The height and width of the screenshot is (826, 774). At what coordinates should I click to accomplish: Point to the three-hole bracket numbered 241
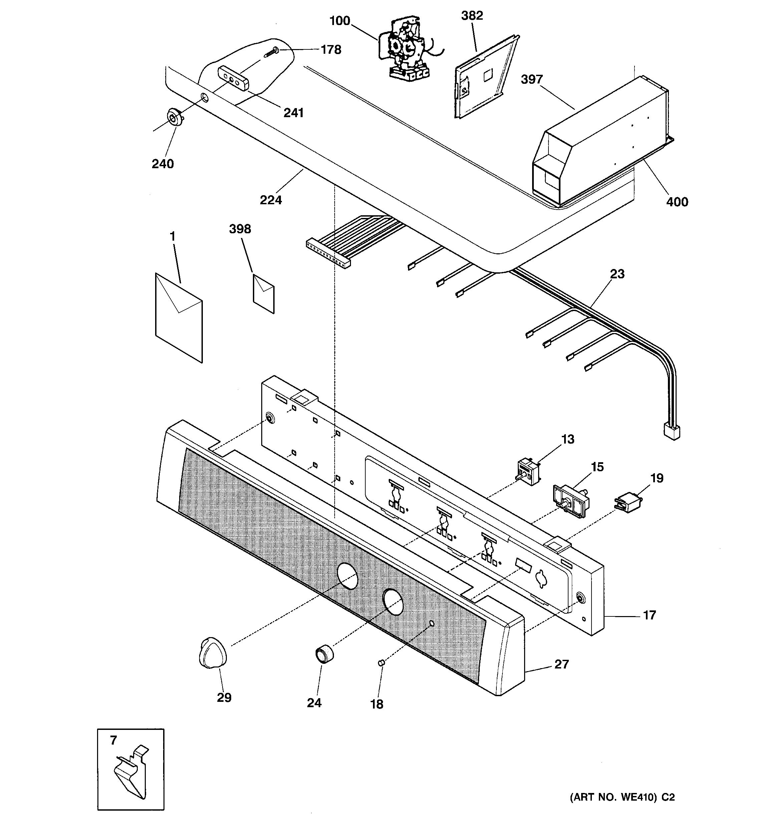tap(233, 78)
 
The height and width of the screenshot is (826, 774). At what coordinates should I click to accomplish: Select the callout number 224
tap(271, 200)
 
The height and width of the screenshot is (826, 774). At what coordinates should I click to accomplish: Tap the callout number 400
tap(677, 202)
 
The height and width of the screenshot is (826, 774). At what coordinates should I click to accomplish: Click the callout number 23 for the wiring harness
tap(617, 274)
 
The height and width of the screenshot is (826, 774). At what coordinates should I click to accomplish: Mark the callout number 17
tap(649, 615)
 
